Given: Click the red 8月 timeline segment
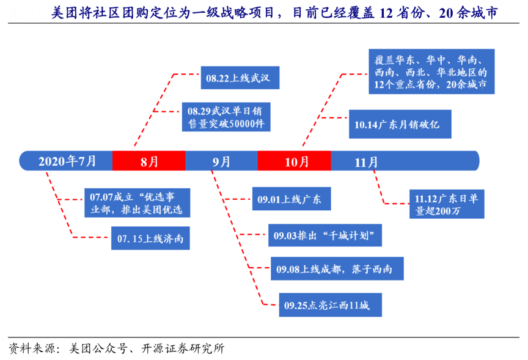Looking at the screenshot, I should point(149,161).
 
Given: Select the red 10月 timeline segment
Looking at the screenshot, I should point(295,161).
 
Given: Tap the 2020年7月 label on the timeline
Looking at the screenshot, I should point(67,161).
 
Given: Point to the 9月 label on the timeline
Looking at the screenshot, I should point(221,161).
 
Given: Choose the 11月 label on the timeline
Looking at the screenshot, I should point(366,161).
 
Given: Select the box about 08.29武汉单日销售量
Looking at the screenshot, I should point(227,117).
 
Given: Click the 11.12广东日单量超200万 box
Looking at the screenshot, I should point(447,204).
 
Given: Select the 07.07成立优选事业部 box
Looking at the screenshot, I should point(136,203).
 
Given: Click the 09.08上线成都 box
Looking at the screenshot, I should point(338,268).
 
